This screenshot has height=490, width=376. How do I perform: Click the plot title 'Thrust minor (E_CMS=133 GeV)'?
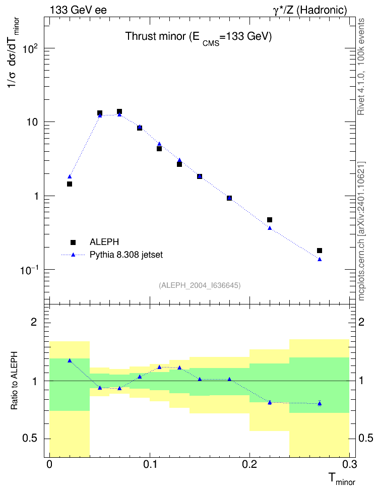199,37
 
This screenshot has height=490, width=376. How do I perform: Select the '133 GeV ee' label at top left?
78,10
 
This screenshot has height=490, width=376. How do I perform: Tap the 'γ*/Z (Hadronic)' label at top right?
310,10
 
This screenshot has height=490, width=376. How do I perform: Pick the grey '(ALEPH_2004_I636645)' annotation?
200,285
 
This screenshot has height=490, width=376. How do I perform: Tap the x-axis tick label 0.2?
249,464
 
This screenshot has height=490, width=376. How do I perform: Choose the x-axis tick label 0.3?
349,464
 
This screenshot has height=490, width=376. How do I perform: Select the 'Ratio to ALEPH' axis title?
14,381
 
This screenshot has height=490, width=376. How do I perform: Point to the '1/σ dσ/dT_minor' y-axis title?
13,52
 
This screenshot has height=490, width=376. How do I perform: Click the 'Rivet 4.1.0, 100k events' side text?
361,67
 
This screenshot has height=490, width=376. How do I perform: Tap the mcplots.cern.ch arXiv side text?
361,231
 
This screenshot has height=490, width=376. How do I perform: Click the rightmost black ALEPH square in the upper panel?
320,251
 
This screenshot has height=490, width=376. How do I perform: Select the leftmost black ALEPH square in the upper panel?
70,183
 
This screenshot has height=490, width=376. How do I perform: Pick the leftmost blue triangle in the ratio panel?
70,360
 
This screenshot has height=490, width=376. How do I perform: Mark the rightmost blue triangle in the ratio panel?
320,403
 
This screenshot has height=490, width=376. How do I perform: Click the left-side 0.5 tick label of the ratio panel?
30,438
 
